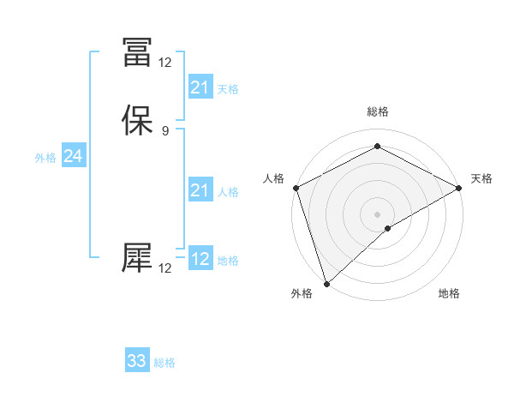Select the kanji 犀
click(x=137, y=256)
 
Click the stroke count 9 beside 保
click(x=164, y=131)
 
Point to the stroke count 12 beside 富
click(x=164, y=62)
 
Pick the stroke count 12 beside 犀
click(x=164, y=268)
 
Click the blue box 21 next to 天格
click(x=200, y=87)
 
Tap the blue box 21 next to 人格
click(x=200, y=190)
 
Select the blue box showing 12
click(x=200, y=259)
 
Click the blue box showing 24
click(x=73, y=156)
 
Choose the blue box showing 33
click(x=137, y=361)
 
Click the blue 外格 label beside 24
click(x=45, y=158)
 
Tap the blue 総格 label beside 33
click(x=164, y=363)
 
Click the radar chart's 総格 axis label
click(x=378, y=112)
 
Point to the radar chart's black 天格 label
click(x=481, y=178)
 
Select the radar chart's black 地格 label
click(x=449, y=294)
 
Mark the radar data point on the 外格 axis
click(x=326, y=284)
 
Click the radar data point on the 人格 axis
click(x=296, y=187)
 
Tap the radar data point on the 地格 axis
click(x=388, y=227)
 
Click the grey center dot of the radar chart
click(x=378, y=214)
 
